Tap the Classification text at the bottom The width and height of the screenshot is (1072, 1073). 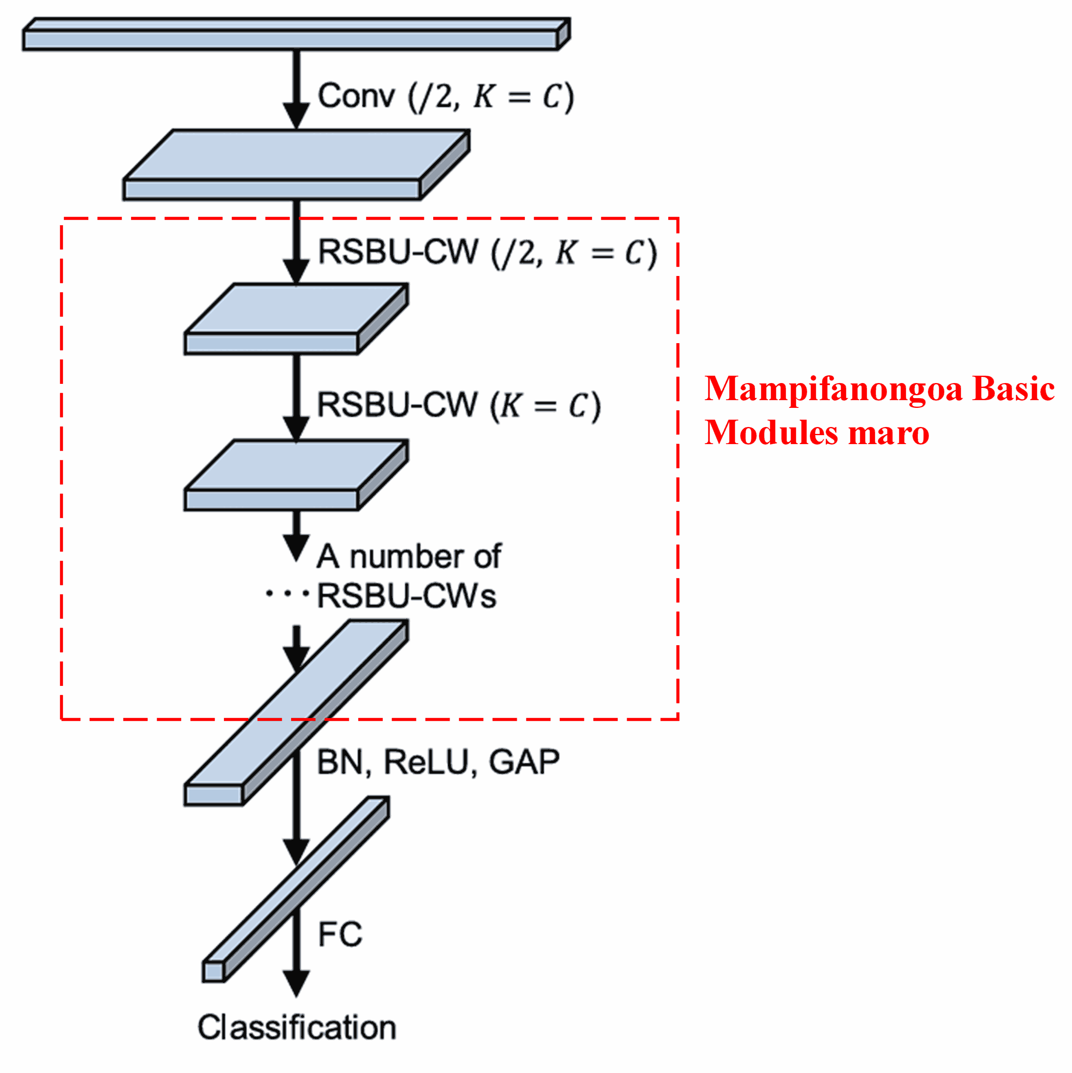click(297, 1027)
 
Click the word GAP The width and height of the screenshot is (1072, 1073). click(524, 762)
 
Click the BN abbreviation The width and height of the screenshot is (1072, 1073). click(340, 762)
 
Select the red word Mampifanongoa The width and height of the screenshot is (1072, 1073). click(833, 389)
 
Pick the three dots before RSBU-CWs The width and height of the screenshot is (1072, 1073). click(287, 594)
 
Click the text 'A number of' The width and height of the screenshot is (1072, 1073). click(409, 556)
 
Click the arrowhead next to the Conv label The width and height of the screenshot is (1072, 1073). click(297, 116)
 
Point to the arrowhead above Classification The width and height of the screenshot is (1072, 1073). click(297, 983)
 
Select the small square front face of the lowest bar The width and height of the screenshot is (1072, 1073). click(213, 972)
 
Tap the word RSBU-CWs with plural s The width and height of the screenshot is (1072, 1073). click(406, 596)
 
